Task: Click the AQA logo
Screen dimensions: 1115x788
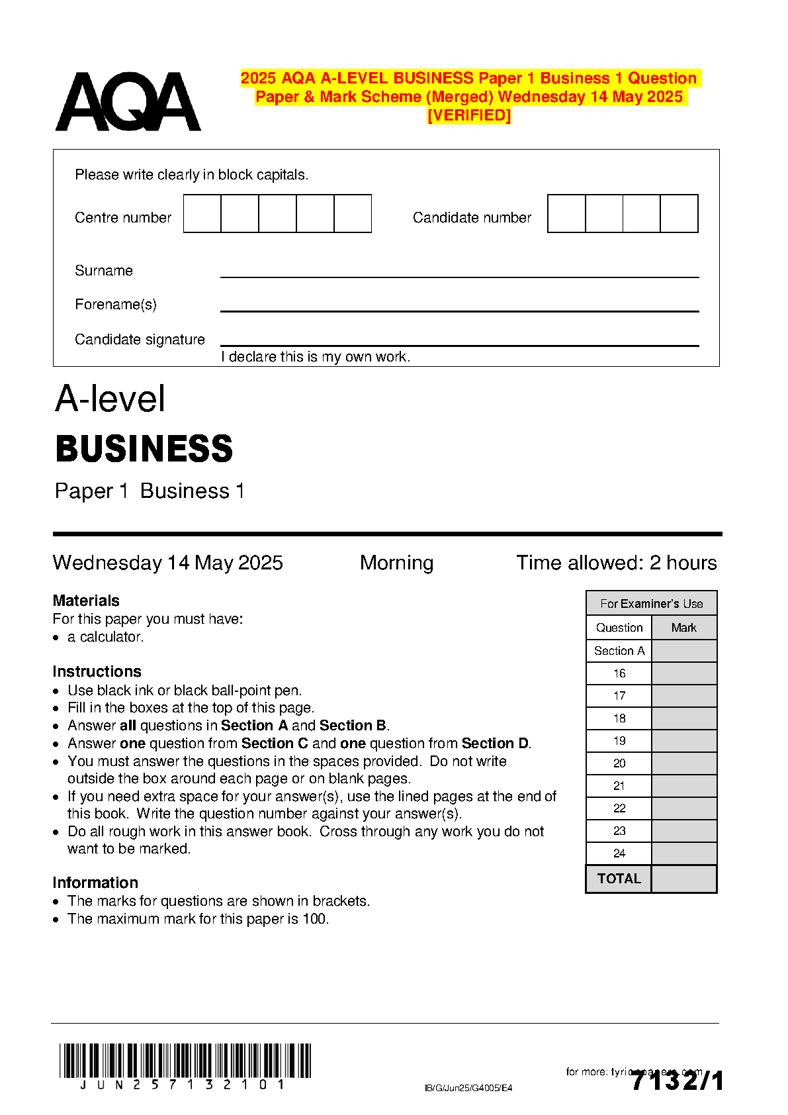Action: (x=128, y=102)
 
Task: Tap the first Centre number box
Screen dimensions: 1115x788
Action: (x=202, y=213)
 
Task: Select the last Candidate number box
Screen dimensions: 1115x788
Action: (x=679, y=213)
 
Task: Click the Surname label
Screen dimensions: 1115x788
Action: (x=104, y=271)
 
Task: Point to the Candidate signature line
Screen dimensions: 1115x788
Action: (x=459, y=345)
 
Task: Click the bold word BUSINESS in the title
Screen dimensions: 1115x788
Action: (x=144, y=449)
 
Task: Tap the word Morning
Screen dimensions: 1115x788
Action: (x=396, y=563)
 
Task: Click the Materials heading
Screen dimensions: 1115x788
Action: (x=86, y=601)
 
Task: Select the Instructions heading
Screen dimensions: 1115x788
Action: (x=97, y=671)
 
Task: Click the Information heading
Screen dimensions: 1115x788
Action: (x=95, y=883)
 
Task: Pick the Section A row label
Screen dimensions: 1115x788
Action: (x=619, y=651)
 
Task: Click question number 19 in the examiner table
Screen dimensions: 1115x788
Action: (x=619, y=741)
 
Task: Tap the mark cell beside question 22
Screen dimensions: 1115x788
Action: (x=684, y=808)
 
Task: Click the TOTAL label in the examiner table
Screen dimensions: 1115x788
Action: (x=619, y=879)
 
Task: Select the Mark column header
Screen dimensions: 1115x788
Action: (x=684, y=628)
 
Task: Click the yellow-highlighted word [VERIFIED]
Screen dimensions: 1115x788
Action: (x=469, y=115)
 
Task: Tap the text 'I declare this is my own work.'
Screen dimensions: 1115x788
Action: (x=316, y=357)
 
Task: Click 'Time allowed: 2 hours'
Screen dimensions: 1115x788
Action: (x=616, y=563)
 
